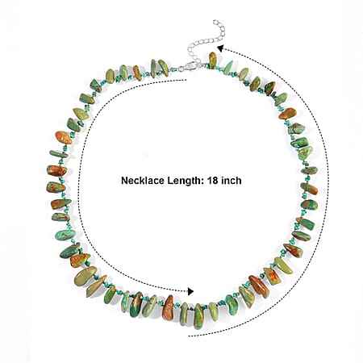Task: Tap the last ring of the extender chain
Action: (215, 22)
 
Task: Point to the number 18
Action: (212, 180)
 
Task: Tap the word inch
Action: (232, 180)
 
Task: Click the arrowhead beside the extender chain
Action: (220, 48)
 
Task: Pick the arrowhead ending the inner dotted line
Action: (190, 291)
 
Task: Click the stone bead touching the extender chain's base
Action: (213, 60)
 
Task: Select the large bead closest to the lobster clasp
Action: (163, 67)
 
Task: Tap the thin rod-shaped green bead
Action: (59, 154)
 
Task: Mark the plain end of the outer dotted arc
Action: (189, 336)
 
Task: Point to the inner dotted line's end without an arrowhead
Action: (186, 80)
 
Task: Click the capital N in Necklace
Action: (124, 180)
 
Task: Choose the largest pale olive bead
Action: (86, 276)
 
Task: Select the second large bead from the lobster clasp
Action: (154, 69)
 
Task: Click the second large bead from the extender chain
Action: (228, 66)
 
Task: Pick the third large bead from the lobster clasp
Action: (137, 73)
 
